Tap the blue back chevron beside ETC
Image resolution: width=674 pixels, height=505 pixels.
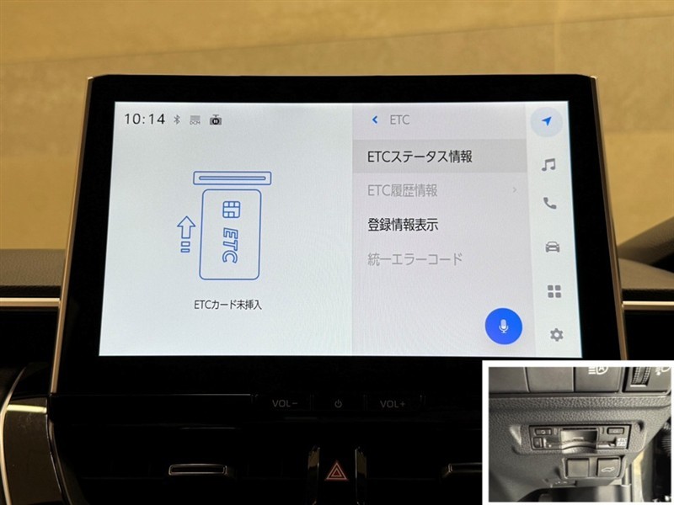click(375, 120)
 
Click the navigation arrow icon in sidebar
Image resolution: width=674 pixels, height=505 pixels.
click(547, 121)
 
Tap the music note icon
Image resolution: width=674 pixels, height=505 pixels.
click(548, 164)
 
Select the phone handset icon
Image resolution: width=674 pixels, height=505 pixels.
click(550, 203)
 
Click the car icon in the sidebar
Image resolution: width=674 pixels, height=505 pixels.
click(553, 247)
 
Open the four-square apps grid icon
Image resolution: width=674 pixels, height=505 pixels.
click(554, 291)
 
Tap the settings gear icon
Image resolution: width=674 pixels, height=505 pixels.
click(557, 334)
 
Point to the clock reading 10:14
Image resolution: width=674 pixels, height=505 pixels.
click(144, 119)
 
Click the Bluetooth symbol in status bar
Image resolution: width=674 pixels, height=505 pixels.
click(177, 120)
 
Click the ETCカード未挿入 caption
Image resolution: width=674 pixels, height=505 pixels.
click(227, 305)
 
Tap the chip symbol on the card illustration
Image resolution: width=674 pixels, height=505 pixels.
click(232, 210)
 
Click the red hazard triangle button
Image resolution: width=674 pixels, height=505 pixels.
click(334, 471)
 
